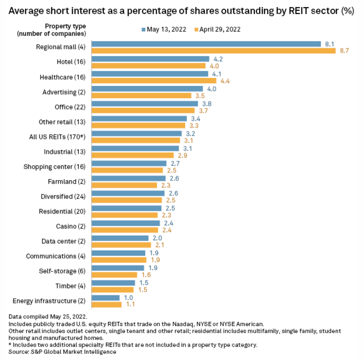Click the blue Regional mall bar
click(206, 44)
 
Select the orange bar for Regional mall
click(213, 51)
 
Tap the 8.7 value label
click(344, 51)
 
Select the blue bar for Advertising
click(147, 89)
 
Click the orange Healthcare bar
click(154, 81)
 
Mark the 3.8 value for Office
click(206, 104)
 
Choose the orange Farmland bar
click(124, 185)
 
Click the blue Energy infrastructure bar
click(105, 298)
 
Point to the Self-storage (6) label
click(62, 271)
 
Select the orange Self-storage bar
click(114, 275)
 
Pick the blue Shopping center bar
click(129, 163)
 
